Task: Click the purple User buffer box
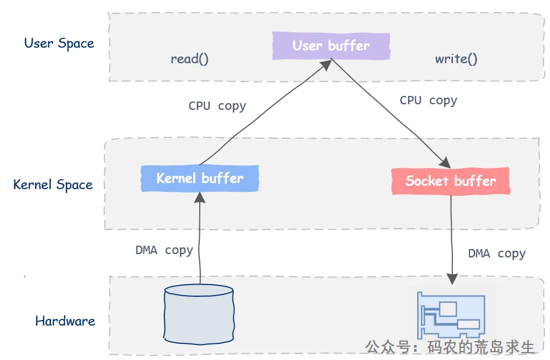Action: click(x=331, y=46)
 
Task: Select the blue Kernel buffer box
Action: click(x=200, y=179)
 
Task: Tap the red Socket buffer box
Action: click(x=451, y=181)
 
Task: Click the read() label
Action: click(x=189, y=59)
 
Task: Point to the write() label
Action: click(x=456, y=59)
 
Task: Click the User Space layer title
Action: click(x=59, y=43)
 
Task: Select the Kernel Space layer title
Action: click(x=53, y=185)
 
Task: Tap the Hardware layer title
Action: click(x=65, y=321)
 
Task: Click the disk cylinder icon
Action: click(x=199, y=314)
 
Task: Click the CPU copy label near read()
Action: click(x=217, y=106)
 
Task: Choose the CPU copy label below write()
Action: click(x=428, y=100)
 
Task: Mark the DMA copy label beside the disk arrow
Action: click(x=164, y=251)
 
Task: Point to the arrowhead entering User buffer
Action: click(x=326, y=65)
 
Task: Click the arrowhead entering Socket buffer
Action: click(x=445, y=163)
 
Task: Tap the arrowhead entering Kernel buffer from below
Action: click(x=200, y=197)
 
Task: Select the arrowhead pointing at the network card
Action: click(x=452, y=279)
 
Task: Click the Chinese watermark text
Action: click(x=450, y=347)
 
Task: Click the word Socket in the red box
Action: click(x=427, y=181)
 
